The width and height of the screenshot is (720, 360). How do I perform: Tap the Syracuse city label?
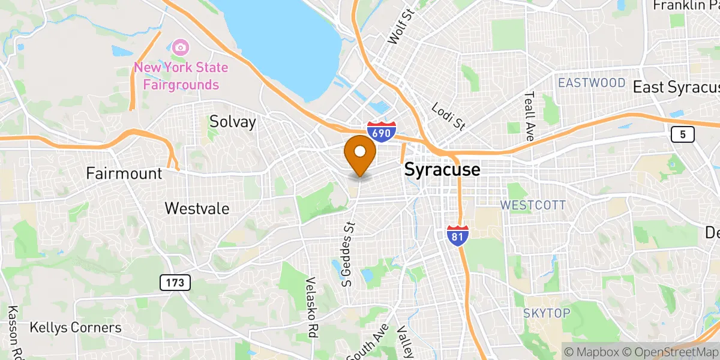tap(442, 170)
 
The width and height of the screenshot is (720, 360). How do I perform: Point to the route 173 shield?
tap(175, 282)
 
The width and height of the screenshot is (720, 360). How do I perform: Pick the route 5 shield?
tap(683, 134)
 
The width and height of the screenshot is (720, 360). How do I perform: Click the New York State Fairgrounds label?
tap(181, 76)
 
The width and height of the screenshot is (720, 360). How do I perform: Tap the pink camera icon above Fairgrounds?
tap(179, 46)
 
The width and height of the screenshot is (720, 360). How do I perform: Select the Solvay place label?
tap(233, 122)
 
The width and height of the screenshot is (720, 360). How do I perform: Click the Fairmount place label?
tap(124, 174)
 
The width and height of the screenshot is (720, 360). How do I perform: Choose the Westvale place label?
tap(197, 208)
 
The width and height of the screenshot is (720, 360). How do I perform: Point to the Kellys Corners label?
tap(76, 328)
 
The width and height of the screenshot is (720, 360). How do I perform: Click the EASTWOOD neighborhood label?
tap(592, 83)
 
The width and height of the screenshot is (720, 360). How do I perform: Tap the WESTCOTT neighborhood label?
tap(533, 205)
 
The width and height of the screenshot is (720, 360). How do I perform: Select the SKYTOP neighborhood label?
tap(545, 313)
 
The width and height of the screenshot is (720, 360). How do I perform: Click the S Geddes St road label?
tap(349, 252)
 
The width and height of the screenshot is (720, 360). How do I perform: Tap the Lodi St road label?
tap(449, 116)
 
